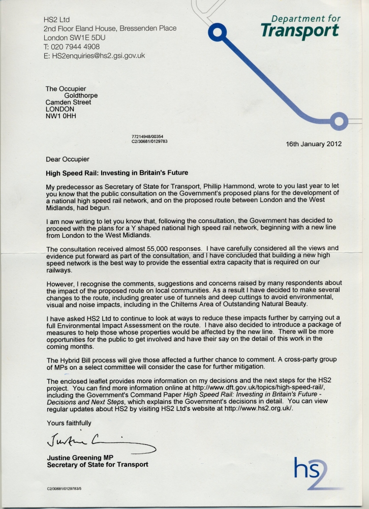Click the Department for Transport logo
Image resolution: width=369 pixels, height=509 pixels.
click(300, 26)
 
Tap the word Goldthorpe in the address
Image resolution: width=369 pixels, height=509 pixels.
click(81, 96)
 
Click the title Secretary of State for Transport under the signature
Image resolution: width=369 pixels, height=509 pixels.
click(98, 465)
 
